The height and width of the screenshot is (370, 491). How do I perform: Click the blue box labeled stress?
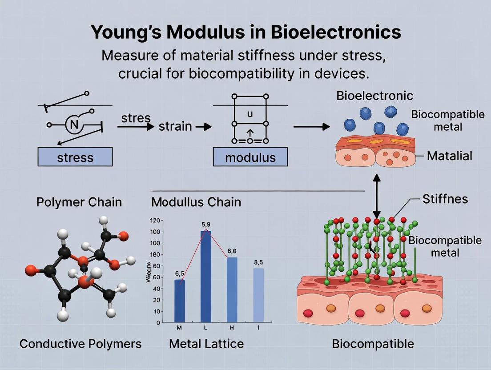click(x=75, y=157)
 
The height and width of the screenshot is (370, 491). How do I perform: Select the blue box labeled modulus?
click(x=250, y=157)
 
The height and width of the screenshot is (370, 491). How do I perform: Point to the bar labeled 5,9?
click(x=206, y=276)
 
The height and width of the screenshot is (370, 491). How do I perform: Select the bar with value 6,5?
click(x=180, y=300)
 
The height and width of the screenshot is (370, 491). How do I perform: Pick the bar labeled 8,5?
click(x=258, y=294)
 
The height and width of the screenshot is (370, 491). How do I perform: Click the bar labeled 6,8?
click(x=232, y=289)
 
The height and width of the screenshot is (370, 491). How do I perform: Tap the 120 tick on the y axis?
click(x=155, y=221)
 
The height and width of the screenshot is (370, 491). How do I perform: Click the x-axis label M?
click(x=180, y=328)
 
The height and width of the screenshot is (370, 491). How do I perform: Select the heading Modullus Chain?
click(x=196, y=202)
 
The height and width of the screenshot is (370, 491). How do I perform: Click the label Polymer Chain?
click(x=79, y=202)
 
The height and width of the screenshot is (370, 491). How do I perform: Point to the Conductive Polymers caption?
click(x=80, y=343)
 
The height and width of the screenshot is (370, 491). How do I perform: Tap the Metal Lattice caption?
click(x=206, y=343)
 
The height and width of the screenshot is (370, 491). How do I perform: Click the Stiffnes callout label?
click(x=445, y=199)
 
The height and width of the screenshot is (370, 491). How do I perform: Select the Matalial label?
click(x=450, y=156)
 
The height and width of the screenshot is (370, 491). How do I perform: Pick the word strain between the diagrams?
click(x=175, y=127)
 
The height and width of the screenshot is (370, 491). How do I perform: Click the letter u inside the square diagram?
click(x=250, y=114)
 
